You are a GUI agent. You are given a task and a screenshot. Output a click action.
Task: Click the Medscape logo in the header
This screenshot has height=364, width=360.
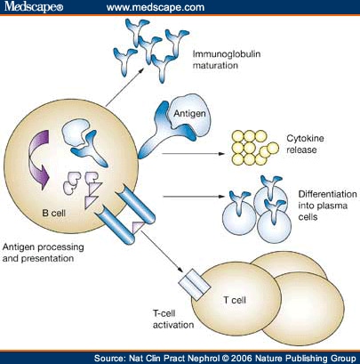click(34, 6)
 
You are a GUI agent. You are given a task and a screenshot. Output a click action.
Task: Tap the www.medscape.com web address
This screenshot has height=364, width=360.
click(156, 7)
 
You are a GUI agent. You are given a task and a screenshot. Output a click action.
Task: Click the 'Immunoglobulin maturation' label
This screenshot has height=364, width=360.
click(227, 60)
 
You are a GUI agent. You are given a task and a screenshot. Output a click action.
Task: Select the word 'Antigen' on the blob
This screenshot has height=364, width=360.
click(189, 114)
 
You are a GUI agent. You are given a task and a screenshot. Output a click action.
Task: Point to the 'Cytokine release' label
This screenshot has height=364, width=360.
click(305, 144)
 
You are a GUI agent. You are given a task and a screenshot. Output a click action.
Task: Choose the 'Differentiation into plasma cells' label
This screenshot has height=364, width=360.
click(327, 206)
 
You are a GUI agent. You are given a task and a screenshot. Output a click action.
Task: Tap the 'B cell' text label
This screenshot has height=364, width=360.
click(53, 213)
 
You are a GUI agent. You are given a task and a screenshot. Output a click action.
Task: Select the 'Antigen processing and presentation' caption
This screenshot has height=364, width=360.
click(44, 253)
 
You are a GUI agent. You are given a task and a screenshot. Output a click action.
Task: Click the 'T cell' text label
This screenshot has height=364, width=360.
click(235, 300)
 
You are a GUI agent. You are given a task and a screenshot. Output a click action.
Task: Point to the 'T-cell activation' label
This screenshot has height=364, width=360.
click(173, 320)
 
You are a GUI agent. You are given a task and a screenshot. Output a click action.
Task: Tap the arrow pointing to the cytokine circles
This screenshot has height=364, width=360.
click(194, 154)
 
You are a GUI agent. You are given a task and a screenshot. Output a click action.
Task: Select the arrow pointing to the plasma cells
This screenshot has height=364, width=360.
click(194, 196)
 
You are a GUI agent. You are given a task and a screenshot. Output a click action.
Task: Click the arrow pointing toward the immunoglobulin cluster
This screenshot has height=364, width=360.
click(124, 87)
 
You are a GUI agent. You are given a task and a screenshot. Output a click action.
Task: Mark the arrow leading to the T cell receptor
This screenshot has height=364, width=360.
click(162, 251)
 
